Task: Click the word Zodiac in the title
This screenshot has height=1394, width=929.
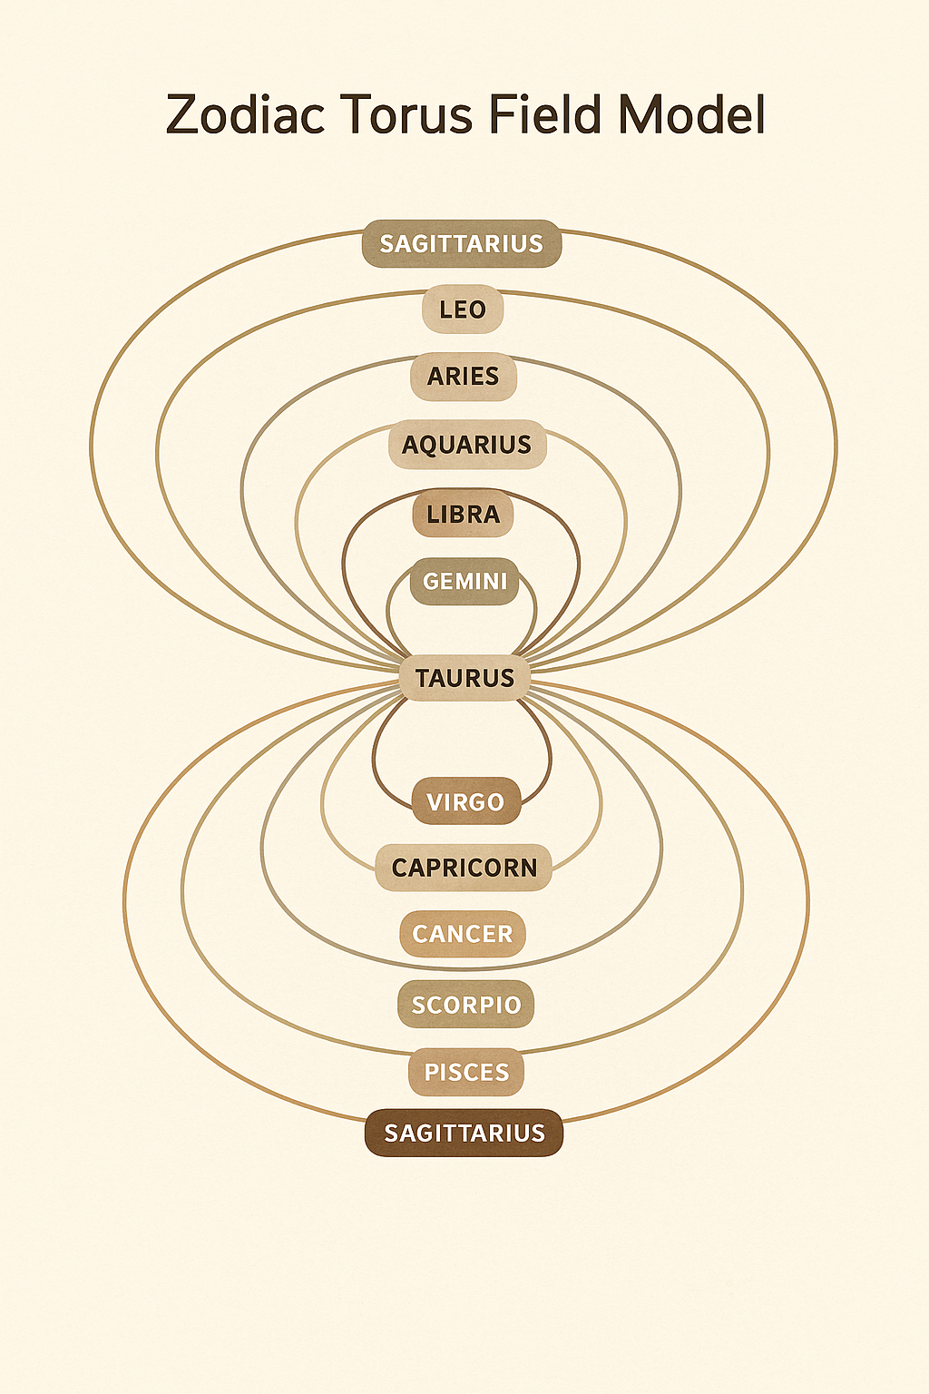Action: click(245, 116)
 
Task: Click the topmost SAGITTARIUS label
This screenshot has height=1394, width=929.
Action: click(462, 244)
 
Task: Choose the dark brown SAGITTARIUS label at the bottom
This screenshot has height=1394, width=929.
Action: click(464, 1133)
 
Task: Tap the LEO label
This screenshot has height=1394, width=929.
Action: click(463, 310)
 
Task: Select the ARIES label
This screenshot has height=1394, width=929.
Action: click(464, 376)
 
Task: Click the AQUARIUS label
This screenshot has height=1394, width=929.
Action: click(466, 445)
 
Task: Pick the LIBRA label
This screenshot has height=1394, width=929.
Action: click(464, 515)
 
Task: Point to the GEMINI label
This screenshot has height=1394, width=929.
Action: click(465, 581)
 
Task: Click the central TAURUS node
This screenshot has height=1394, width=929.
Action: click(465, 678)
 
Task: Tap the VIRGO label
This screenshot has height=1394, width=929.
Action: click(466, 802)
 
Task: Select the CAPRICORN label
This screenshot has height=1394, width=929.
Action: click(464, 868)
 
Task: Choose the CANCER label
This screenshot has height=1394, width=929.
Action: click(463, 934)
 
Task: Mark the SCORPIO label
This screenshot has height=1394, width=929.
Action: click(466, 1005)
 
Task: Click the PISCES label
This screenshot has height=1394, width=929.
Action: click(466, 1072)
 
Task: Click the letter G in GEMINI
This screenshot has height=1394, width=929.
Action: click(432, 581)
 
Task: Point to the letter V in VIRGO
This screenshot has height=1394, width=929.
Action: click(435, 802)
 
